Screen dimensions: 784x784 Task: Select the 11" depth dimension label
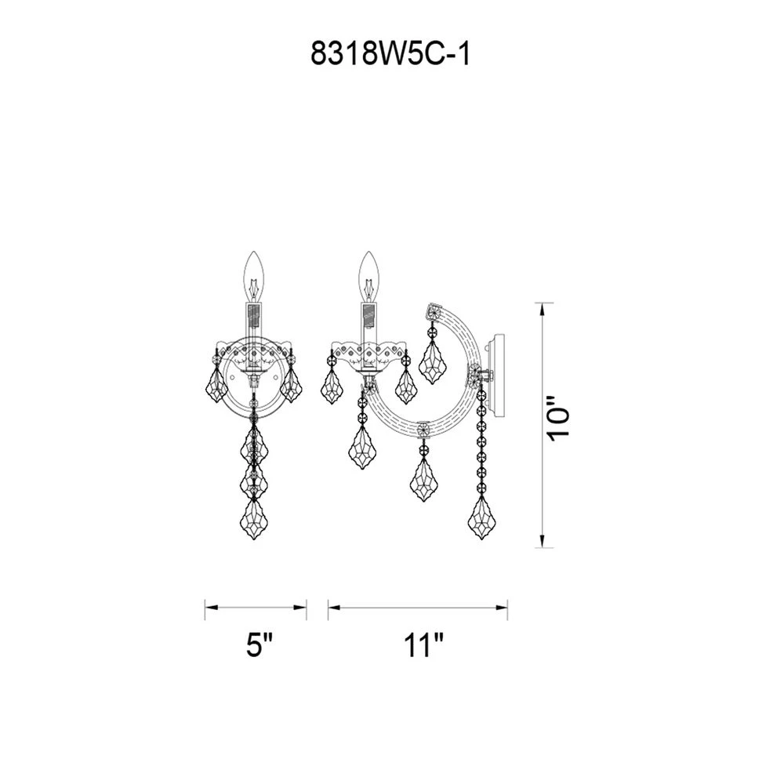point(424,647)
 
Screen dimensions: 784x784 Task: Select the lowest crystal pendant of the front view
point(254,518)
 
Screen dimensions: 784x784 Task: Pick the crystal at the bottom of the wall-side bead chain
point(481,518)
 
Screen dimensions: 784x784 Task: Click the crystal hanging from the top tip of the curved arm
point(432,361)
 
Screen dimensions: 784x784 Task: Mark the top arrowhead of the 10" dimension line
point(543,307)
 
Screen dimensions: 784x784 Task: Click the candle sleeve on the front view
point(254,321)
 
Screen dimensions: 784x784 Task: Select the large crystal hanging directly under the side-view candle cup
point(361,447)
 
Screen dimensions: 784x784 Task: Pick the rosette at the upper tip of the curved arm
point(433,312)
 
